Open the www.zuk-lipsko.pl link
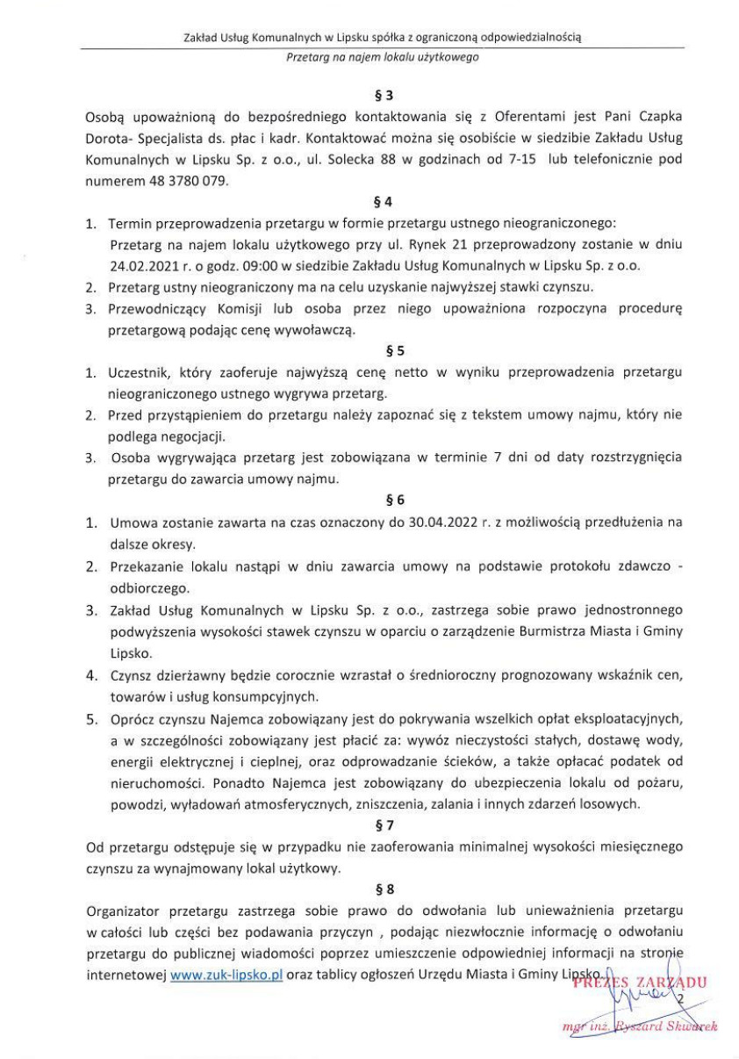226,975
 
